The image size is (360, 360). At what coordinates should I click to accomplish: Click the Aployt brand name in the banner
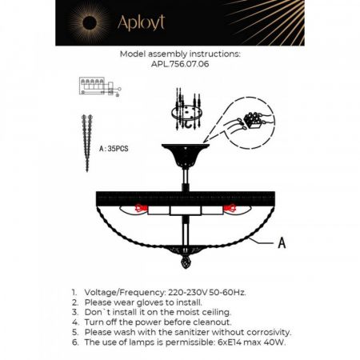point(141,23)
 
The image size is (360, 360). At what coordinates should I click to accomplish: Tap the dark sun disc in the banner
point(90,23)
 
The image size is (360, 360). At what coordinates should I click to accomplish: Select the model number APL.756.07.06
point(180,64)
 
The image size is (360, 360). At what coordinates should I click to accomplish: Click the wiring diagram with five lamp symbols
point(100,86)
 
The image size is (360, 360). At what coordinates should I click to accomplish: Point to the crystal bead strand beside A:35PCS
point(87,142)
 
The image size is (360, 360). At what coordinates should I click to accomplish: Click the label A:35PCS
point(114,149)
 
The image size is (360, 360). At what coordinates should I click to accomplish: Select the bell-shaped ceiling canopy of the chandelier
point(186,156)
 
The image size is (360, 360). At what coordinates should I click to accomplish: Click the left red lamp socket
point(142,207)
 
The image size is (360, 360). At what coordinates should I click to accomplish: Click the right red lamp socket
point(230,207)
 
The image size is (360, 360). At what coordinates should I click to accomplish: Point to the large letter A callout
point(282,242)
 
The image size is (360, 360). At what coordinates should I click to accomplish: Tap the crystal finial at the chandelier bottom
point(186,262)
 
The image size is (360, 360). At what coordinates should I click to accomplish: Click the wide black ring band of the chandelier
point(186,198)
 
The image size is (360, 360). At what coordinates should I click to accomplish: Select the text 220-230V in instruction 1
point(188,292)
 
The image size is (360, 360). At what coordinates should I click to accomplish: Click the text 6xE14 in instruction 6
point(230,342)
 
